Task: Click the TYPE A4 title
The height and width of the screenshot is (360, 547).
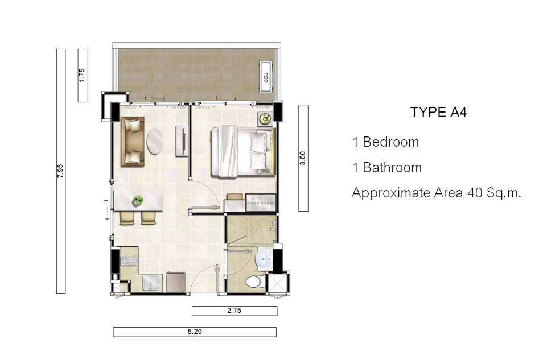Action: [438, 112]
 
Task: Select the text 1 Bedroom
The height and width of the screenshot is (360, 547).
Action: [385, 142]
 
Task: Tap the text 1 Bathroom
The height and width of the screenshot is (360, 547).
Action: [387, 168]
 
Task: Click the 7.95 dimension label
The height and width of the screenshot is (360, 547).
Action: [61, 171]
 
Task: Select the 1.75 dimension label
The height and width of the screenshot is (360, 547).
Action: [82, 75]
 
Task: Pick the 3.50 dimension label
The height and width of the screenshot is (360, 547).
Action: [303, 158]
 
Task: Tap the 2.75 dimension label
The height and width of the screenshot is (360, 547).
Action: [235, 311]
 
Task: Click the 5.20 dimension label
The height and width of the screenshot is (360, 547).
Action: [195, 332]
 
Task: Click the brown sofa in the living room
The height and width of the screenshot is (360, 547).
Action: [133, 142]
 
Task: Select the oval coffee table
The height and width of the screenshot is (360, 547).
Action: [155, 142]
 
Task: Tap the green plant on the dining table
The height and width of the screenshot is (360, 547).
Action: [138, 200]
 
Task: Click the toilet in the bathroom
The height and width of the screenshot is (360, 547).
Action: [256, 282]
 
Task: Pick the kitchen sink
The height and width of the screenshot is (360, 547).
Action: [153, 283]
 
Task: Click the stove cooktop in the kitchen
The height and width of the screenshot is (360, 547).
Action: [129, 260]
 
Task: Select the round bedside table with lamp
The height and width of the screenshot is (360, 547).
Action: [265, 119]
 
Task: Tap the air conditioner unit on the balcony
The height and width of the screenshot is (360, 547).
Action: [266, 77]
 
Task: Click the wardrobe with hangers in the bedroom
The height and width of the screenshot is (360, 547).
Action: [261, 203]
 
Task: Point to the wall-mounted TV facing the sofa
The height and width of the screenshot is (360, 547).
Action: [182, 142]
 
